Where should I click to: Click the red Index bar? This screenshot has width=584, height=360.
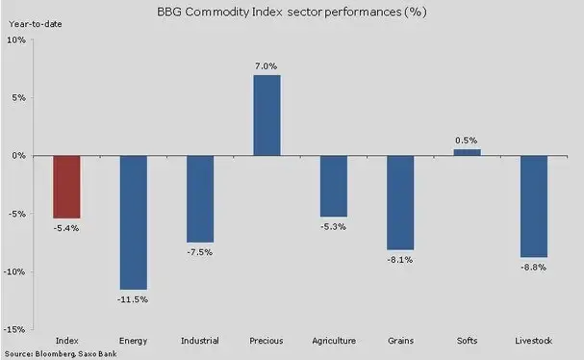coord(66,187)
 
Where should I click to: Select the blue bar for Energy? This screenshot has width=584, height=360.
coord(134,222)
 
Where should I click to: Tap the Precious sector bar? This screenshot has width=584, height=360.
coord(267,116)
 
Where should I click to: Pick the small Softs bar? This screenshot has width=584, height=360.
coord(467,152)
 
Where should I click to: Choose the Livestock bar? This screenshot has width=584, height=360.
coord(534,206)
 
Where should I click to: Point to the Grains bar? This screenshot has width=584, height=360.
coord(400,203)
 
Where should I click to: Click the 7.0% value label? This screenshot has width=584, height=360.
coord(266,66)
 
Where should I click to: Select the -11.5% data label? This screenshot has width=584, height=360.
coord(133,299)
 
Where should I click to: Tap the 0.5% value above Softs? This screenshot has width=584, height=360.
coord(466,141)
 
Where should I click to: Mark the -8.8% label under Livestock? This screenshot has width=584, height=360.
coord(533,268)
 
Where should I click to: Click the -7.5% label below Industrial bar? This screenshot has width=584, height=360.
coord(199,252)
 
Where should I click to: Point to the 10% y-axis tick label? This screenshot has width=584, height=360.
coord(16,39)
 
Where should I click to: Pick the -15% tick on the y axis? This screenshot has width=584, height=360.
coord(14,329)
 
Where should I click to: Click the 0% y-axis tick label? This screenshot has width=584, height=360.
coord(18,155)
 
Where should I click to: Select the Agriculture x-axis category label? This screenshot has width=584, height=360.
coord(334,341)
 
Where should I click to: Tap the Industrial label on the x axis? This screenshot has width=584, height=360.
coord(200,341)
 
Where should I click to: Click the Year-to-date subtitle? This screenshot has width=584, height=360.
coord(36,24)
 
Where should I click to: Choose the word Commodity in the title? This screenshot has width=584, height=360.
coord(216,13)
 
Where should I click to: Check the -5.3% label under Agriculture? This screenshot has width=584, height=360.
coord(333,226)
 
